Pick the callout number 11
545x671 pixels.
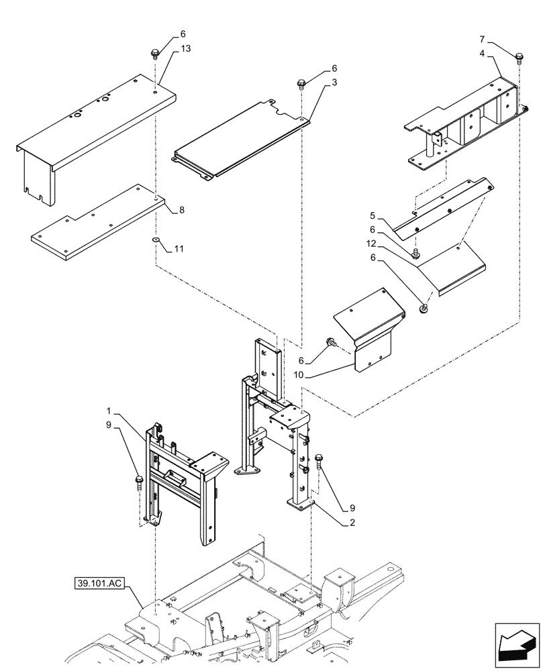click(179, 249)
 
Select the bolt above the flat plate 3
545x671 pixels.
click(301, 83)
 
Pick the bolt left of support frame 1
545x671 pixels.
click(139, 480)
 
